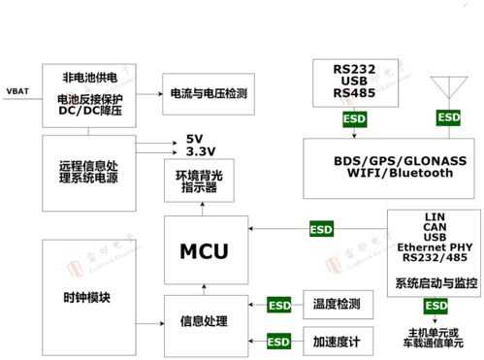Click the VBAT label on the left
pyautogui.click(x=18, y=91)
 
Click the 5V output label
pyautogui.click(x=195, y=138)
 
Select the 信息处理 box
pyautogui.click(x=204, y=321)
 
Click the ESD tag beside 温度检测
pyautogui.click(x=278, y=305)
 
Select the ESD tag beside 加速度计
pyautogui.click(x=278, y=342)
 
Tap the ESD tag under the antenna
pyautogui.click(x=448, y=116)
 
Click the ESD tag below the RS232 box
pyautogui.click(x=354, y=120)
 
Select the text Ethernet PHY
pyautogui.click(x=434, y=248)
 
